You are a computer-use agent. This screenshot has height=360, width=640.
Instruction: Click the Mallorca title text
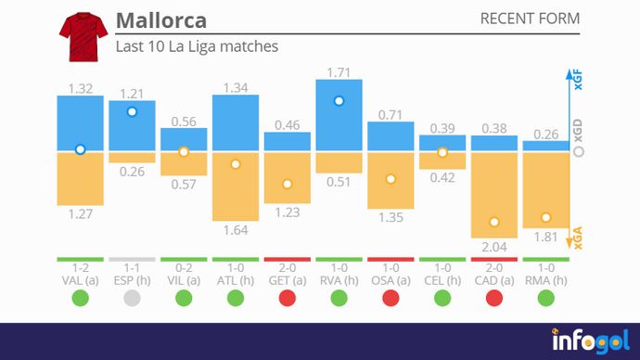[161, 20]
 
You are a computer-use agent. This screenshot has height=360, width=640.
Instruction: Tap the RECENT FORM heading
[530, 19]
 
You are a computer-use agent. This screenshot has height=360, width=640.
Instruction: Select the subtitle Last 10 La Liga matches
[197, 45]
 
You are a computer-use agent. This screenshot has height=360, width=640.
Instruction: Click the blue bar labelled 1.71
[339, 116]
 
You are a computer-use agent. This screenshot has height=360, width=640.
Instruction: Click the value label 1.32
[80, 88]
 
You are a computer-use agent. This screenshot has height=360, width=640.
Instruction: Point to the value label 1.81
[546, 237]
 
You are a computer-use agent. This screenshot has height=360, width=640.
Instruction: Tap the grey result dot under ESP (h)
[132, 298]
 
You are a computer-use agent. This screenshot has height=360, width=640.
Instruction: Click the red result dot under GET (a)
[288, 298]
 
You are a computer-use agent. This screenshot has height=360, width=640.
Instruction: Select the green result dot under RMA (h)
[546, 298]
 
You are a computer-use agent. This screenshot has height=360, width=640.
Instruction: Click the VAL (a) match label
[80, 279]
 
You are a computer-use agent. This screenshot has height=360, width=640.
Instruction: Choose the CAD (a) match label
[494, 279]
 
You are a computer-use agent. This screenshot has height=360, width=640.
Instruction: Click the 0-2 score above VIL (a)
[184, 267]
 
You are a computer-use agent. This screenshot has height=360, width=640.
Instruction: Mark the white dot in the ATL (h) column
[236, 164]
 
